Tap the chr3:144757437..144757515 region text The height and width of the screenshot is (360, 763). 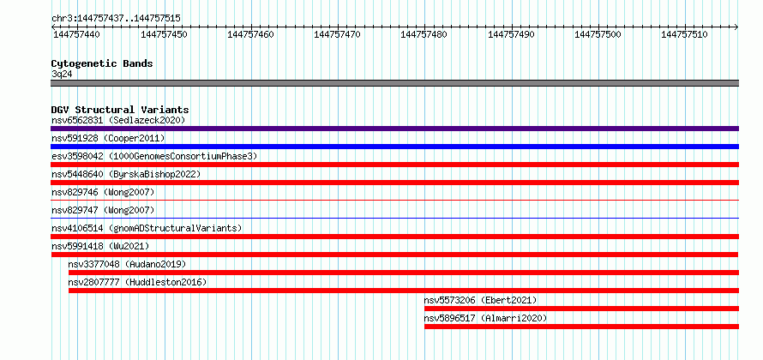coord(116,19)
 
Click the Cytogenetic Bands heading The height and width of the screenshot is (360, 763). coord(102,63)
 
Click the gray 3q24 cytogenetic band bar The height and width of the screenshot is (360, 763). coord(394,83)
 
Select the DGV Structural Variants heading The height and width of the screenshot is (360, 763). coord(120,110)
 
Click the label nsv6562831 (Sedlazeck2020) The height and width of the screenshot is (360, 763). coord(118,120)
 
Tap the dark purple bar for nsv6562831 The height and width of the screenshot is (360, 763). coord(394,129)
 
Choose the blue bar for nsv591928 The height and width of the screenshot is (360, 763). coord(394,147)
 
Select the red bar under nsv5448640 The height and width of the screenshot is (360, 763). coord(394,183)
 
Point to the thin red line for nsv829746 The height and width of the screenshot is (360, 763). coord(394,200)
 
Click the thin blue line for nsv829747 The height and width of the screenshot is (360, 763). coord(394,218)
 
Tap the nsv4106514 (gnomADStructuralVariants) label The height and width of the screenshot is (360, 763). coord(147,228)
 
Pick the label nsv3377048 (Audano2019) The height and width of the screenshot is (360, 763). coord(127,264)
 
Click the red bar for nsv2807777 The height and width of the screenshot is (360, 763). coord(404,291)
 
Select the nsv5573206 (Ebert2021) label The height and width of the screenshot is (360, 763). coord(480,300)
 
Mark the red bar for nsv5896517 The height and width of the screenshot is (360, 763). coord(581,327)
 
